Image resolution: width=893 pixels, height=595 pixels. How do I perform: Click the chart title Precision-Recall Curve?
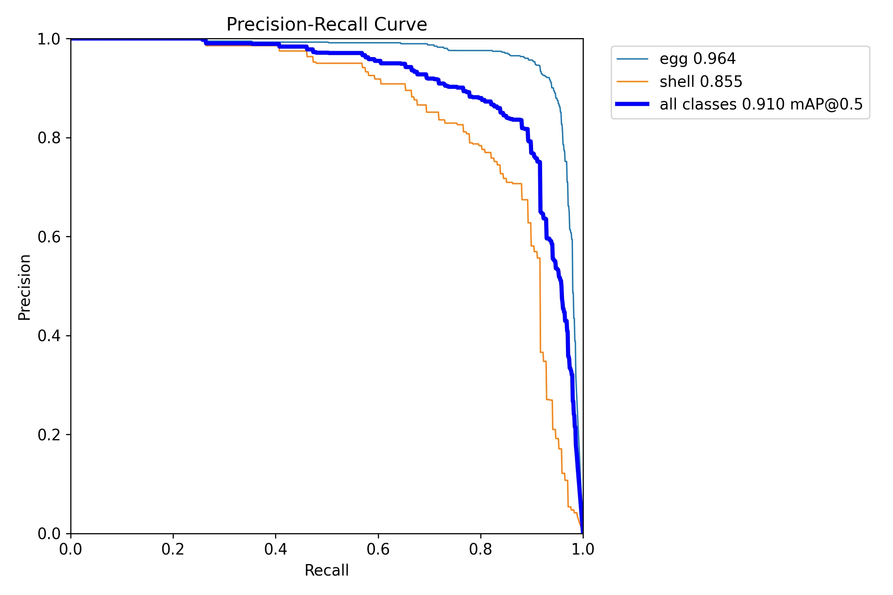pos(326,24)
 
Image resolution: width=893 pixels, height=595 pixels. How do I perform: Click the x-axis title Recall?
pos(326,570)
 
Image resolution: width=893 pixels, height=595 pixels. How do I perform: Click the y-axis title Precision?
pos(25,287)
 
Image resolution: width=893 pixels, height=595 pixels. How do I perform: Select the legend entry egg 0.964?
pos(697,59)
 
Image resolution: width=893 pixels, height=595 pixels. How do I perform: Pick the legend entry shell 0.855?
pos(701,82)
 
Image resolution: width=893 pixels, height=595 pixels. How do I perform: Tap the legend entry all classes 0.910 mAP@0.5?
pos(761,104)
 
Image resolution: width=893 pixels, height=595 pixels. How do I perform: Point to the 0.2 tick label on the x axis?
pos(173,549)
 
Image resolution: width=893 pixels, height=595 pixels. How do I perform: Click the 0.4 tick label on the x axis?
pos(275,549)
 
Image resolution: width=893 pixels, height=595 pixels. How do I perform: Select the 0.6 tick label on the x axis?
pos(378,549)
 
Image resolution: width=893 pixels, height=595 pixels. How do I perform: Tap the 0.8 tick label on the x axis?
pos(480,549)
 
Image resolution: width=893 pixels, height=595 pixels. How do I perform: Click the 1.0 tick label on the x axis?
pos(583,549)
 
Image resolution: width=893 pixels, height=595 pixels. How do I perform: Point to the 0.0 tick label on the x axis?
pos(71,549)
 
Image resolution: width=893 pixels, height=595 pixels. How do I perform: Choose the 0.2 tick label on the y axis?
pos(49,435)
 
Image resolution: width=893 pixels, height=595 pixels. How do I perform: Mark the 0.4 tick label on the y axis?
pos(49,336)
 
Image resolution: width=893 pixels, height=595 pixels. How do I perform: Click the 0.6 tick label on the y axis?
pos(49,237)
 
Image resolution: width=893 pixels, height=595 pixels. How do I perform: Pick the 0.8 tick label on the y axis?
pos(49,138)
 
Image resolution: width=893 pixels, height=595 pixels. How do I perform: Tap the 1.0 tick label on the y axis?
pos(49,39)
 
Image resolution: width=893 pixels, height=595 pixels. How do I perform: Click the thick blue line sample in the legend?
pos(632,104)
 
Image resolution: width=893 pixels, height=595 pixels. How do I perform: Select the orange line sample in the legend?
pos(632,82)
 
